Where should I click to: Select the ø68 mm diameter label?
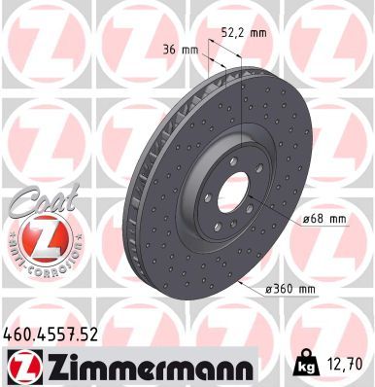323,219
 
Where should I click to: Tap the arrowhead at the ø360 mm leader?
240,281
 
